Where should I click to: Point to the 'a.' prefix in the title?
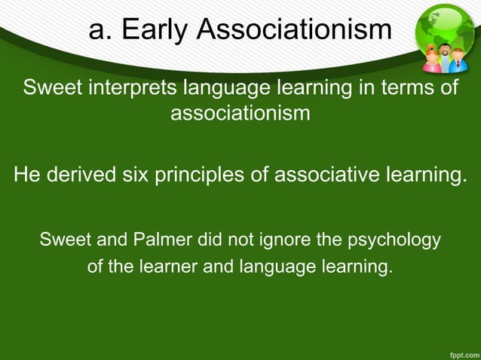tap(100, 30)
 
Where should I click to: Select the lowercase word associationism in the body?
tap(240, 114)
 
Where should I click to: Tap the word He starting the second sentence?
tap(27, 176)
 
